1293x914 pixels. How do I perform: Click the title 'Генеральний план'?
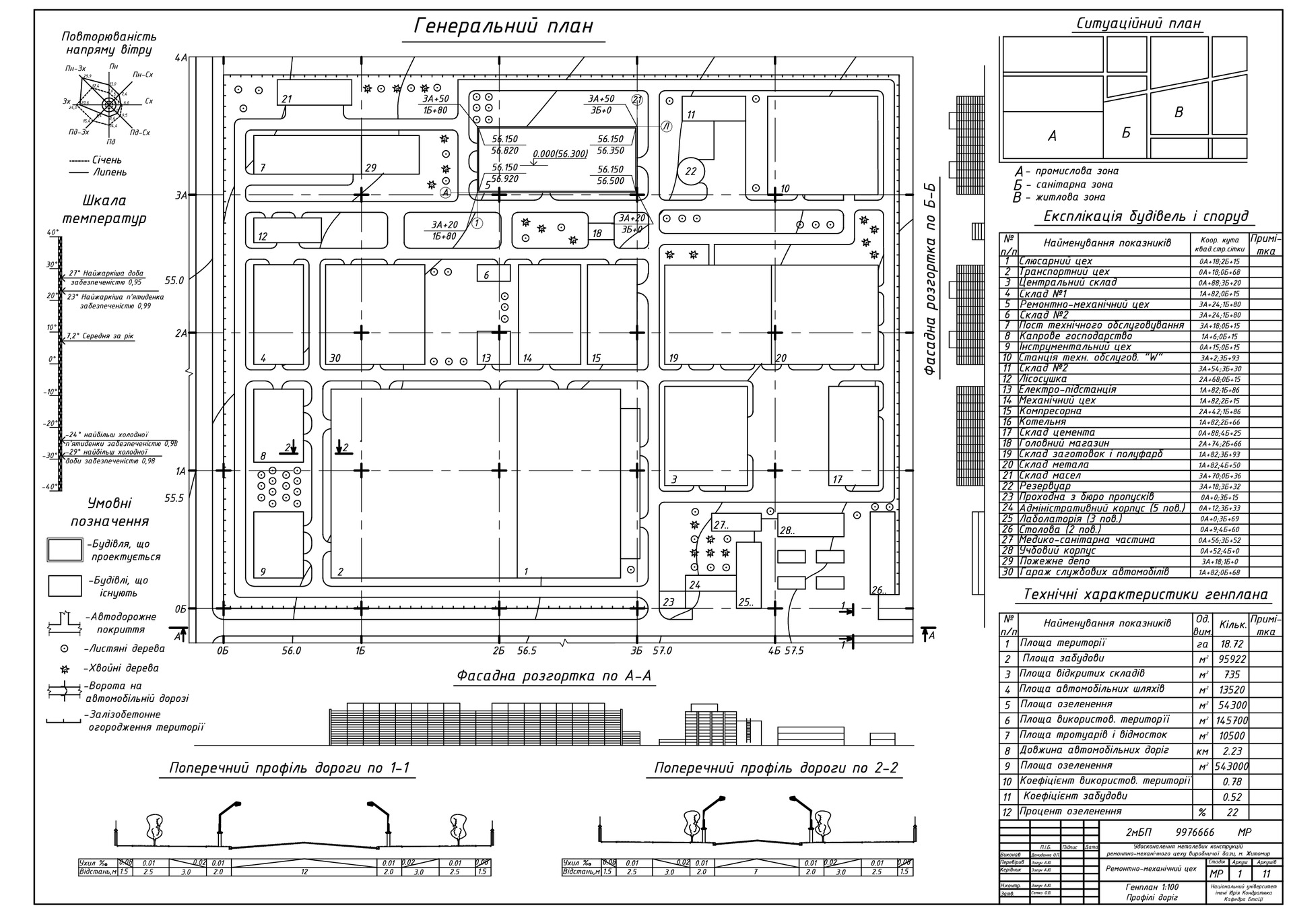503,26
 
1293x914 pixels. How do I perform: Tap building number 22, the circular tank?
690,171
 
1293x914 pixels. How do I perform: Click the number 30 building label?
335,358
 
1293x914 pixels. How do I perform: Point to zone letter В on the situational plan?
1179,112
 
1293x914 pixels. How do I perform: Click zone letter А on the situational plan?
1052,135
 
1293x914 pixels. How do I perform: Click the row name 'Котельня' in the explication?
1042,422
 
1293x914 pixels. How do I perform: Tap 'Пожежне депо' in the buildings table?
1055,561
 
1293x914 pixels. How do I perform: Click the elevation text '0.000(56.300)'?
560,154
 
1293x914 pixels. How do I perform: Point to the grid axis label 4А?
180,58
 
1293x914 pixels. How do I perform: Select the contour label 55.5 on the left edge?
174,498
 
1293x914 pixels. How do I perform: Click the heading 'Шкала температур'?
104,209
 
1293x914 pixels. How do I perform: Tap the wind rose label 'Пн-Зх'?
75,69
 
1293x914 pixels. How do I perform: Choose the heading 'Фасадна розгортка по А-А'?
554,676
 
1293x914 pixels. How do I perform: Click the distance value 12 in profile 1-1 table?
304,872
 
